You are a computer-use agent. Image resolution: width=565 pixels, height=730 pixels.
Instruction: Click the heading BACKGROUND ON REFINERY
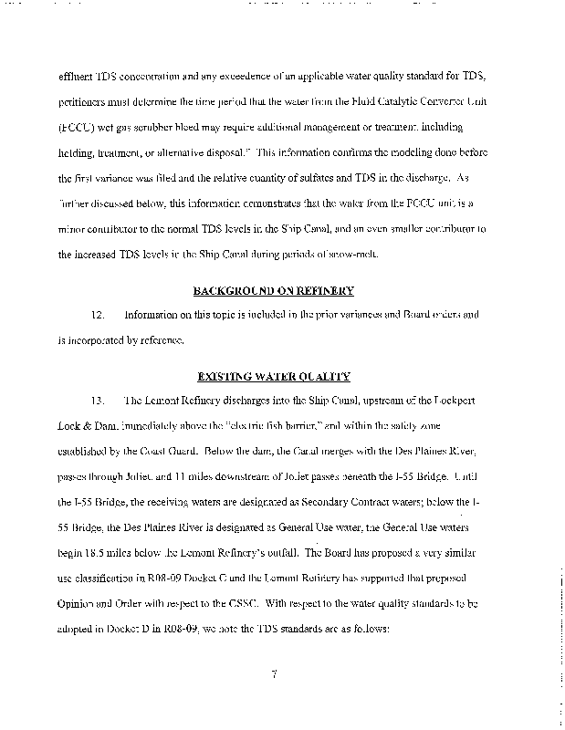coord(273,291)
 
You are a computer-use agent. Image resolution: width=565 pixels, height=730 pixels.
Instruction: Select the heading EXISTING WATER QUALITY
coord(273,377)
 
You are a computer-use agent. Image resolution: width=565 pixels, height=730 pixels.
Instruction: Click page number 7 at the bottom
coord(274,674)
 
